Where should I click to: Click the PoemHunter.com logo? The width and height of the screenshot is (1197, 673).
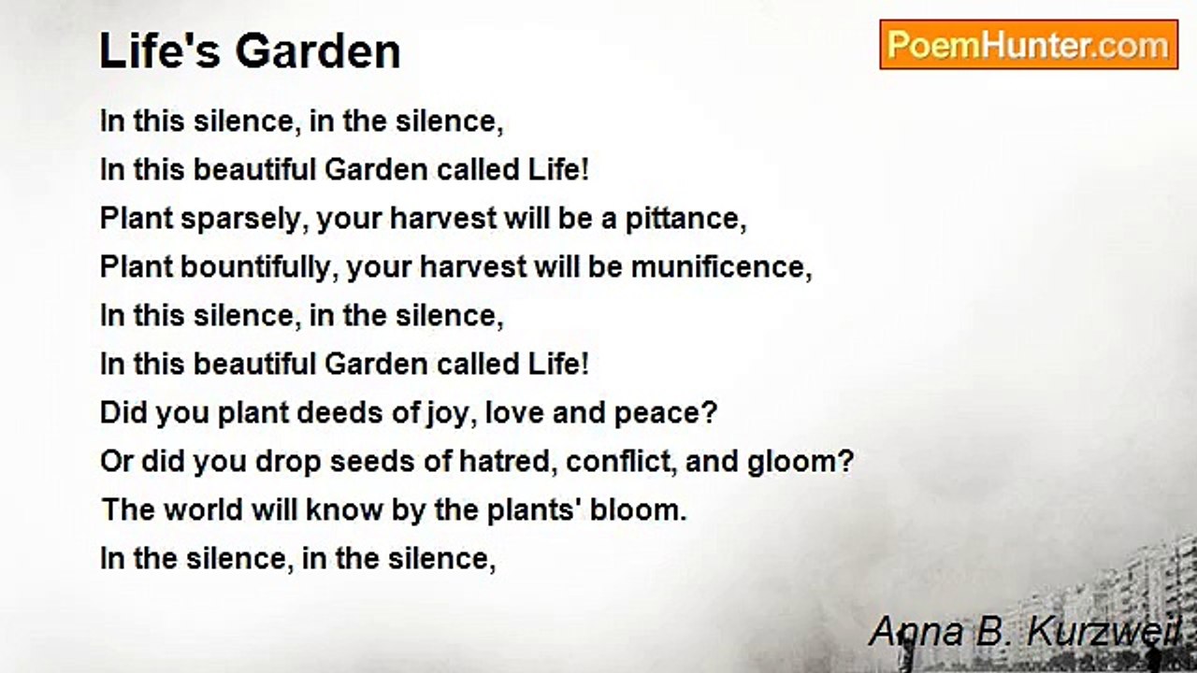[1029, 45]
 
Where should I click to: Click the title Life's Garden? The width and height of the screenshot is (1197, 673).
[250, 51]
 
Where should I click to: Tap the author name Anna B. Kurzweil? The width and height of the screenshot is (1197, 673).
[1025, 631]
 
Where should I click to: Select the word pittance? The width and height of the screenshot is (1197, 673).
[685, 218]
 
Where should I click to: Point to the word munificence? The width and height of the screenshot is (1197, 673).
[721, 266]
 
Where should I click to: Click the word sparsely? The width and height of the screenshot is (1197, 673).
[241, 219]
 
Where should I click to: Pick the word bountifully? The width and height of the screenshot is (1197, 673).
[255, 267]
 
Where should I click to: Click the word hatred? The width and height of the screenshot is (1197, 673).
[504, 461]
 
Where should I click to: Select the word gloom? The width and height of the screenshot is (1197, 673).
[800, 462]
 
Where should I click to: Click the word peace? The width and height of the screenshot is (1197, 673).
[664, 413]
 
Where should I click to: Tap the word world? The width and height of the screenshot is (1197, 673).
[204, 509]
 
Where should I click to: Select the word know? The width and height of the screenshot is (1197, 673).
[344, 509]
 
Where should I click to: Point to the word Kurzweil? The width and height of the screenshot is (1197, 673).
[1103, 631]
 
